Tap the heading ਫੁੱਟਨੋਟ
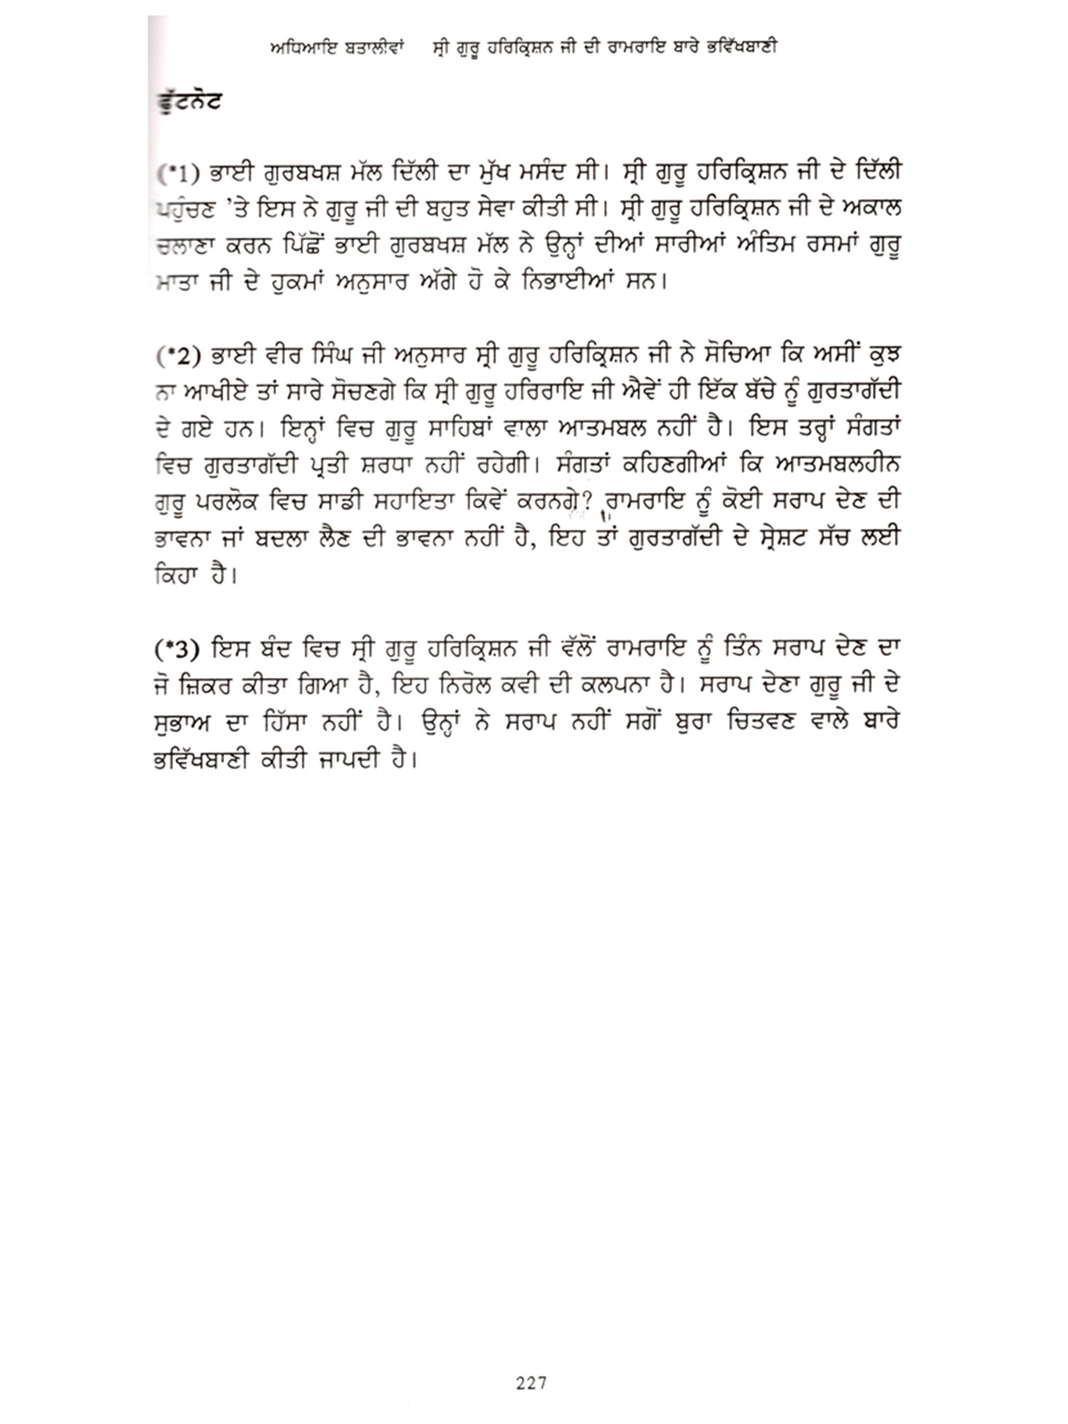pos(189,101)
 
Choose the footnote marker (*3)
pos(174,649)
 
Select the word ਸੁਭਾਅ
pos(182,723)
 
